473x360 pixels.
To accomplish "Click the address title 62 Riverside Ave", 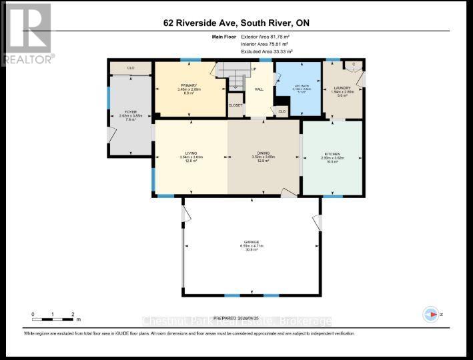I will (x=236, y=23).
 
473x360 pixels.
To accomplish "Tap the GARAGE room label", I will (x=251, y=242).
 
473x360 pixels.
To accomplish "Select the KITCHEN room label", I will (x=332, y=154).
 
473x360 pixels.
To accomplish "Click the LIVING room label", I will (x=191, y=153).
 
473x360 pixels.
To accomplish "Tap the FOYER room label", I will (x=131, y=112).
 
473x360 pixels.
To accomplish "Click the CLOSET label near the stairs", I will (x=235, y=105).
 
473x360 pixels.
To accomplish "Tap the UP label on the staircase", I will (x=254, y=69).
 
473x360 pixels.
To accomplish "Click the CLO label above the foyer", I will (x=131, y=67).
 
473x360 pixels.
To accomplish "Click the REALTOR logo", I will (x=27, y=33).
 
